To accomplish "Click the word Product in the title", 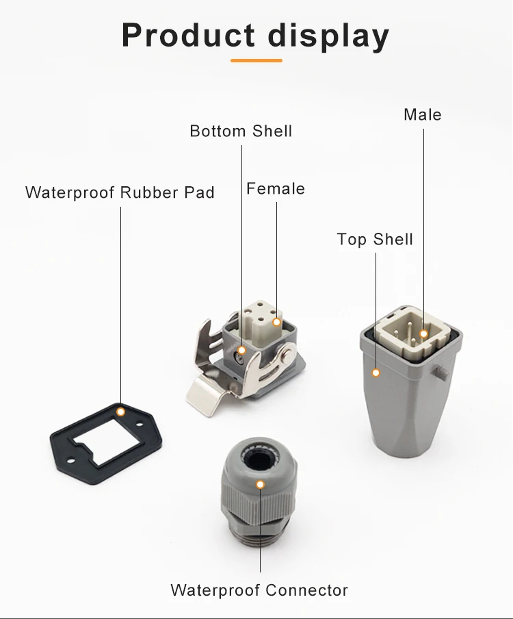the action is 188,35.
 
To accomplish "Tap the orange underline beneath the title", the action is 256,60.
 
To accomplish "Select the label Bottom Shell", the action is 241,131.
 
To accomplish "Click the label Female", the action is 276,189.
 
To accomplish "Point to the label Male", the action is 422,114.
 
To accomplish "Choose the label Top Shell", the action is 375,239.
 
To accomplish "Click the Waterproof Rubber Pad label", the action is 120,192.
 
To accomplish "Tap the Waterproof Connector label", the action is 259,590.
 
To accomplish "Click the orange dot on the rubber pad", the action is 120,412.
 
